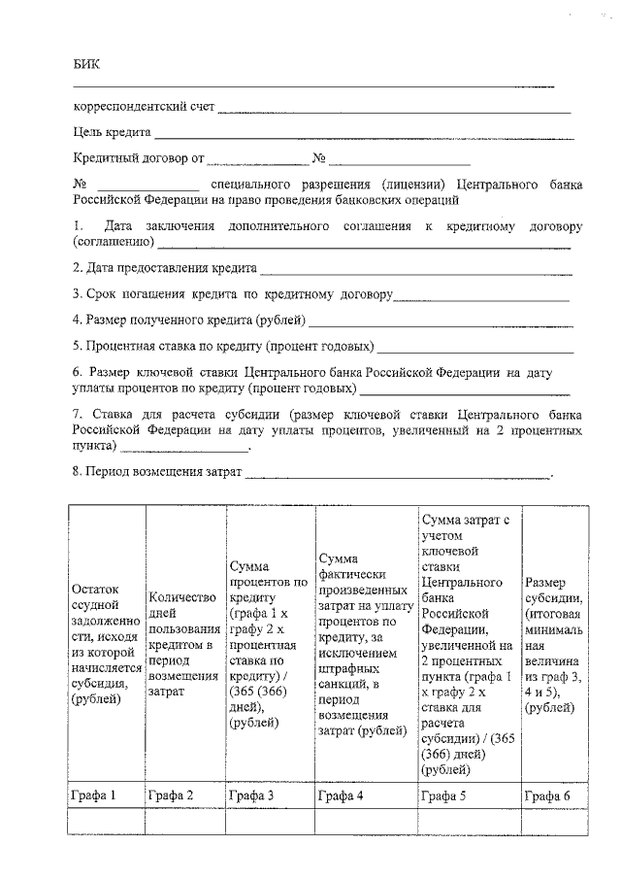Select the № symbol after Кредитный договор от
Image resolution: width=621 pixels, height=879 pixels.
click(318, 157)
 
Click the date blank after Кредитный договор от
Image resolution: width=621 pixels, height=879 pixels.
click(257, 160)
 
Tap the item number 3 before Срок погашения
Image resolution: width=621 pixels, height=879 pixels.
click(77, 292)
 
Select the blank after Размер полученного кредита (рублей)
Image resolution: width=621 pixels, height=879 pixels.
click(441, 322)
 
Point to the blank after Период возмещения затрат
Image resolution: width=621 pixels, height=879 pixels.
click(398, 475)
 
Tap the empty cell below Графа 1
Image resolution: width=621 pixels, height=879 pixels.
click(107, 822)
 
